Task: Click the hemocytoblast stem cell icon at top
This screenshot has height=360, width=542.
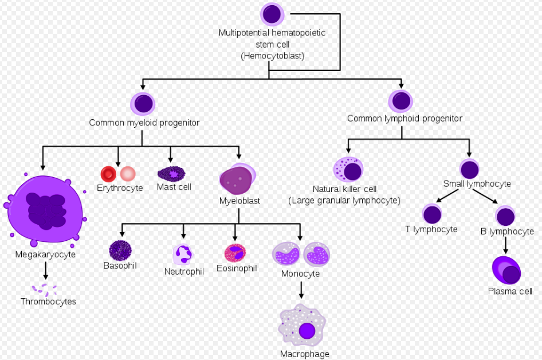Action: [272, 14]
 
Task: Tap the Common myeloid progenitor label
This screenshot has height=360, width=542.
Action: [144, 123]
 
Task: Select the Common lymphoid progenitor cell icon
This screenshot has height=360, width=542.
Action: [400, 101]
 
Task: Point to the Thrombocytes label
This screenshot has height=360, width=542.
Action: [48, 302]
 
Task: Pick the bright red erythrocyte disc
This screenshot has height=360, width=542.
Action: [108, 174]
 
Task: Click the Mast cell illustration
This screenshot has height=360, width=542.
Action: [172, 173]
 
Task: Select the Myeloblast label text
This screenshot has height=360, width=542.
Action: [239, 201]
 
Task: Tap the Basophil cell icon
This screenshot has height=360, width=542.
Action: [120, 250]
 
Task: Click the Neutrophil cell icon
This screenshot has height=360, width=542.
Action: [183, 253]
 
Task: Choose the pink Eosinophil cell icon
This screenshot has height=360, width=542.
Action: [235, 252]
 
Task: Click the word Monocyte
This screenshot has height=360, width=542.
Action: [300, 274]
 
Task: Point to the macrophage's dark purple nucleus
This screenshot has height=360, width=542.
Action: [307, 331]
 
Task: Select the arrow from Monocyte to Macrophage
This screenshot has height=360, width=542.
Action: [301, 291]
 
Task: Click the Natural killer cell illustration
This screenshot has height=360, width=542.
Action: [348, 170]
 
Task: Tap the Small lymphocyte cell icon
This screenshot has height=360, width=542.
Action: [469, 169]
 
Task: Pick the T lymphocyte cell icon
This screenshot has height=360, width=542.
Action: [432, 214]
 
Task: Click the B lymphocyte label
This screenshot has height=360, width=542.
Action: [508, 232]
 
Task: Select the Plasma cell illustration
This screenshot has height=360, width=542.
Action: [506, 271]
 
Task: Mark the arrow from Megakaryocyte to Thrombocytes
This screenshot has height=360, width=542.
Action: [45, 271]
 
